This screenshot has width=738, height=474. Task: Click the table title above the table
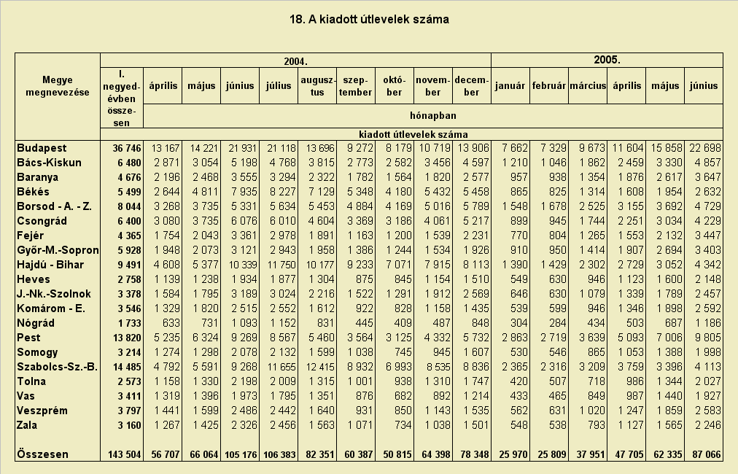369,20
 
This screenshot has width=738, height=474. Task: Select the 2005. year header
607,60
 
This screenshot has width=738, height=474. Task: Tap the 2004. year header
295,61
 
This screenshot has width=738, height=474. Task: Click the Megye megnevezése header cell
58,86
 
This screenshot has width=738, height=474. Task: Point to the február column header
549,85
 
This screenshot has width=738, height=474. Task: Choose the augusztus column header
317,86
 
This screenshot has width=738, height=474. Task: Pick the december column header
471,86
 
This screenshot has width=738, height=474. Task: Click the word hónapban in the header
432,115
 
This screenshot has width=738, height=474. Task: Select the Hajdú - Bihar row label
50,265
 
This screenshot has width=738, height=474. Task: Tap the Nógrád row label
36,323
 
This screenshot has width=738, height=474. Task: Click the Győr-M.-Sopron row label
58,250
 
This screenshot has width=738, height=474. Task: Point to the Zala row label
27,425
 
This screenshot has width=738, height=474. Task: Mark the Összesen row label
43,454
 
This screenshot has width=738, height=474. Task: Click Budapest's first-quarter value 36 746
127,148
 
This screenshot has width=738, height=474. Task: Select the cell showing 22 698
705,148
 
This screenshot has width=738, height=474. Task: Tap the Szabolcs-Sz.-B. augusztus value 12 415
320,367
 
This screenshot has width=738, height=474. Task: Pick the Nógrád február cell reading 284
557,323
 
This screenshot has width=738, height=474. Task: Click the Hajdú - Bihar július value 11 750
281,265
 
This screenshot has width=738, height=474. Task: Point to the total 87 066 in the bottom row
706,455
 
